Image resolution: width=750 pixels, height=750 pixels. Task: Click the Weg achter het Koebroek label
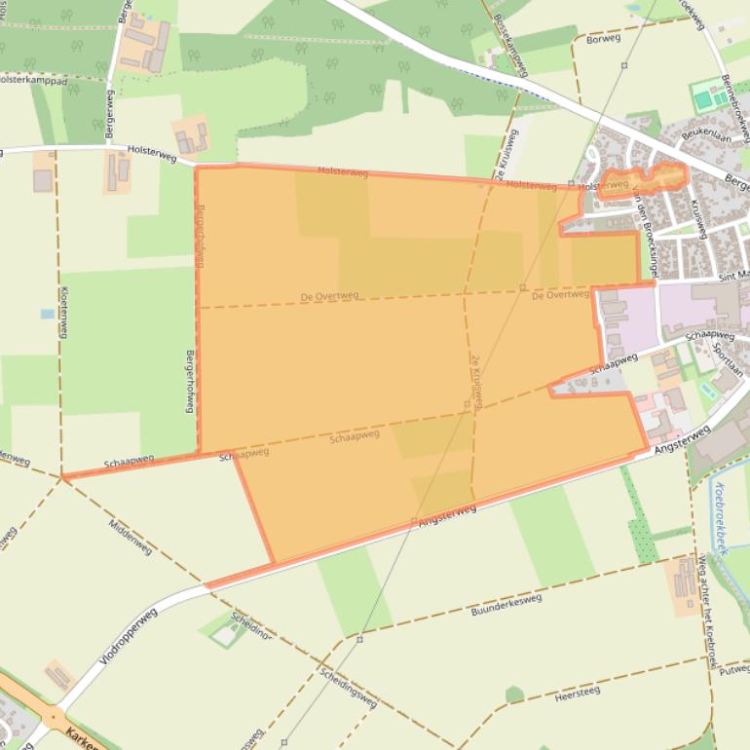click(x=707, y=604)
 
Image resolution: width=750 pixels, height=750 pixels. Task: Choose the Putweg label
click(x=734, y=670)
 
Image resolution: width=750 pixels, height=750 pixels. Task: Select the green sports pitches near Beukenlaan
click(x=709, y=96)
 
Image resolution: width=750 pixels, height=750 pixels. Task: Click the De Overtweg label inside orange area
click(x=329, y=295)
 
